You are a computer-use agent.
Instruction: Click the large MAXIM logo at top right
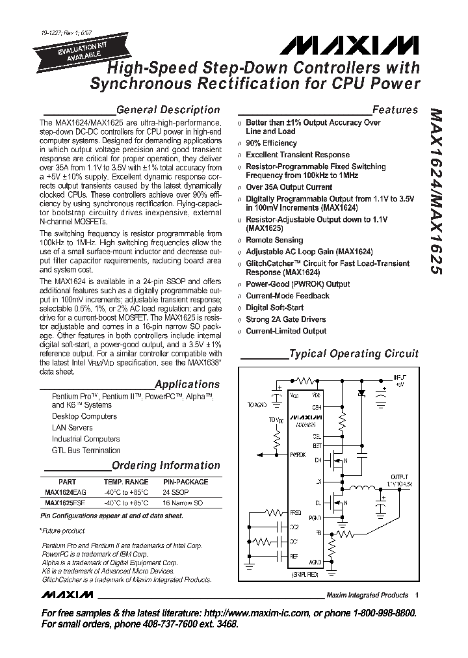pos(351,46)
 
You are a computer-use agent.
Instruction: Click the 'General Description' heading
pos(168,110)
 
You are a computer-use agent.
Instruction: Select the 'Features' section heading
pos(395,110)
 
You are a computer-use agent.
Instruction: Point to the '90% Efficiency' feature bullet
pos(271,143)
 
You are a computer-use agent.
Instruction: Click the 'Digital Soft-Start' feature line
pos(274,308)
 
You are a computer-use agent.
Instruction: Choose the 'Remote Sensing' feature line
pos(274,241)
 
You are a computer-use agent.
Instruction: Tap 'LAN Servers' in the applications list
pos(72,428)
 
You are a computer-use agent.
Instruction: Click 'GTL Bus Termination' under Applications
pos(86,450)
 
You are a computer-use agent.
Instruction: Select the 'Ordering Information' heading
pos(166,466)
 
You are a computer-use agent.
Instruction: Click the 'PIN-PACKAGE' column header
pos(185,482)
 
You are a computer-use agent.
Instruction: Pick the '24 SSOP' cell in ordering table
pos(176,492)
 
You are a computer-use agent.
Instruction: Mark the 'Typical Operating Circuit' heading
pos(354,354)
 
